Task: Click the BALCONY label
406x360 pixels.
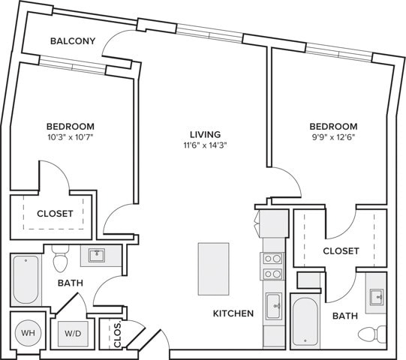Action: (72, 40)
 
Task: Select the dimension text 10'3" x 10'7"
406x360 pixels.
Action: (71, 138)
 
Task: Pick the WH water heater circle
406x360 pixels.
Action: (28, 331)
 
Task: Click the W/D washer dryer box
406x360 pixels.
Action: (74, 332)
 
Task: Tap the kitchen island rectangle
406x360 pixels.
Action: (213, 268)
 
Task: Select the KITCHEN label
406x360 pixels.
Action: (233, 313)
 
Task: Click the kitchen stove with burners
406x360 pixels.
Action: (272, 266)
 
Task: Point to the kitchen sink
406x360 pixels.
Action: (273, 306)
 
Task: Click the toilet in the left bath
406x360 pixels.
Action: (62, 261)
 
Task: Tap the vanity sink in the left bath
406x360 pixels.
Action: (97, 256)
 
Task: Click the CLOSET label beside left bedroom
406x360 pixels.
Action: (55, 214)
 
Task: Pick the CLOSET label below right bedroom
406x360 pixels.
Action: (341, 250)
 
